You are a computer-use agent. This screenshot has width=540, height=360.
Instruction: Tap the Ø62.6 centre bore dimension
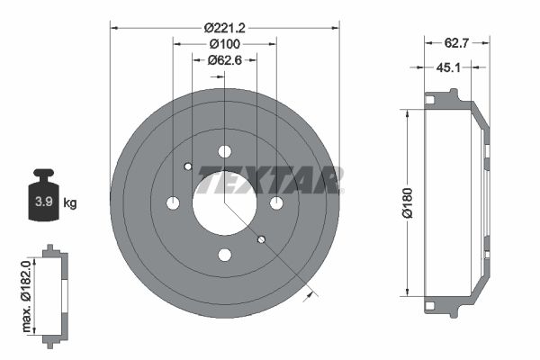[224, 60]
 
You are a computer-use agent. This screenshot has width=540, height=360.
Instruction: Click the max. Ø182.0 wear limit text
[27, 296]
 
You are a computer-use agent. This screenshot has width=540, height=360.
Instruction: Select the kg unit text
[70, 203]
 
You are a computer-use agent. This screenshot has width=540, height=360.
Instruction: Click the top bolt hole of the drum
[224, 151]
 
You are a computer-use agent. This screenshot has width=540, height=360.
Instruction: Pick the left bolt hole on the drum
[173, 203]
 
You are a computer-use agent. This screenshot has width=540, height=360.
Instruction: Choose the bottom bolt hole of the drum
[224, 255]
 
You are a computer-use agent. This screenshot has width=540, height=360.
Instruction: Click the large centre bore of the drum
[224, 203]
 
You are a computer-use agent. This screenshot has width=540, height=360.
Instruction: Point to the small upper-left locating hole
[187, 166]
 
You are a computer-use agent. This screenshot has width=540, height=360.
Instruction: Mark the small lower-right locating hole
[261, 239]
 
